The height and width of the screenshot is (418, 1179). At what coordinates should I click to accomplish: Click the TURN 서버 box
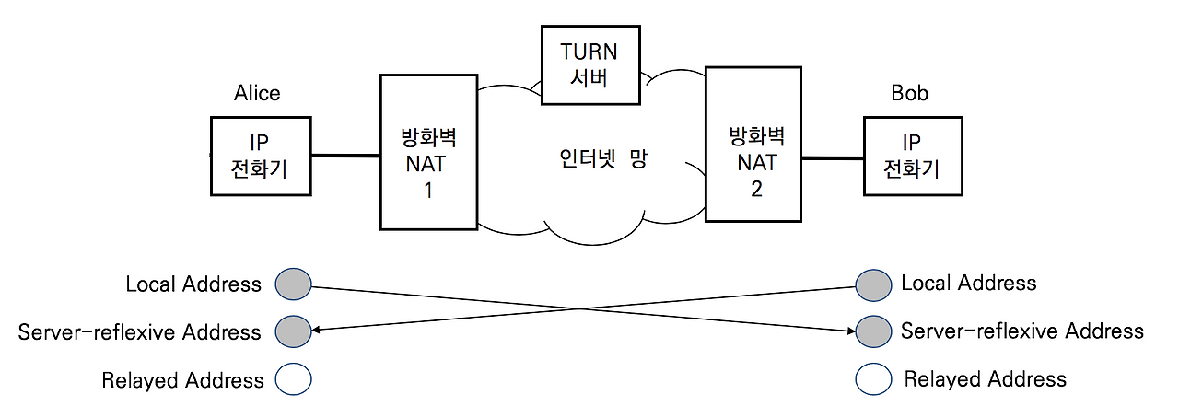[x=591, y=64]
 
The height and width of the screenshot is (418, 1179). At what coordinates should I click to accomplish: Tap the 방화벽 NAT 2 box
[x=753, y=144]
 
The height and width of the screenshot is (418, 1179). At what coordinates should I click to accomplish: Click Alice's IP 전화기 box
[x=261, y=156]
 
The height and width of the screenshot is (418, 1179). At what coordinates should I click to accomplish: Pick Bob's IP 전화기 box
[x=912, y=156]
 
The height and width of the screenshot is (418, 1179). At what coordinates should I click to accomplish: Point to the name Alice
[x=257, y=93]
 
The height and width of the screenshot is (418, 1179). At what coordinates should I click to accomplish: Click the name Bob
[x=909, y=93]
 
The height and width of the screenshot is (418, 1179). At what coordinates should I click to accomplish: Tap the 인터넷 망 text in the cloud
[x=604, y=158]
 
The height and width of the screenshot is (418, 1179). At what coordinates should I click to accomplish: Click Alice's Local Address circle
[x=294, y=284]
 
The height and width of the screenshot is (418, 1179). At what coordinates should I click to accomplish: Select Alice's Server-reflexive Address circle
[x=294, y=331]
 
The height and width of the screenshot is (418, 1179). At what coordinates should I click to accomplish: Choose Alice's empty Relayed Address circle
[x=294, y=378]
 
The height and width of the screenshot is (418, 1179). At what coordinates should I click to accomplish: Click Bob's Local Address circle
[x=873, y=284]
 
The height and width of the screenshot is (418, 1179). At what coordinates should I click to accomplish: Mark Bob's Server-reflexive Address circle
[x=873, y=331]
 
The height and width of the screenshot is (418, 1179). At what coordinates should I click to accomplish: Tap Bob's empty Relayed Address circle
[x=873, y=378]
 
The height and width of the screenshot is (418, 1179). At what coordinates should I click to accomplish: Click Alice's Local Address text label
[x=193, y=284]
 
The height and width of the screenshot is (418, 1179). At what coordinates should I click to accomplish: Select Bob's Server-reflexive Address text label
[x=1021, y=331]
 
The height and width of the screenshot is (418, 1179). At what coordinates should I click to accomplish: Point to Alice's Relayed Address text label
[x=182, y=380]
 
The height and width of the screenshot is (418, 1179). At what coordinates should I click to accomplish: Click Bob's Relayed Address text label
[x=985, y=378]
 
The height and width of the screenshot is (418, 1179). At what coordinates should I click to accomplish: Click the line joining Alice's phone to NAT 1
[x=345, y=156]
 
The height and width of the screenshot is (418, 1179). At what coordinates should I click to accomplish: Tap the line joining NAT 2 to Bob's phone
[x=832, y=158]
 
